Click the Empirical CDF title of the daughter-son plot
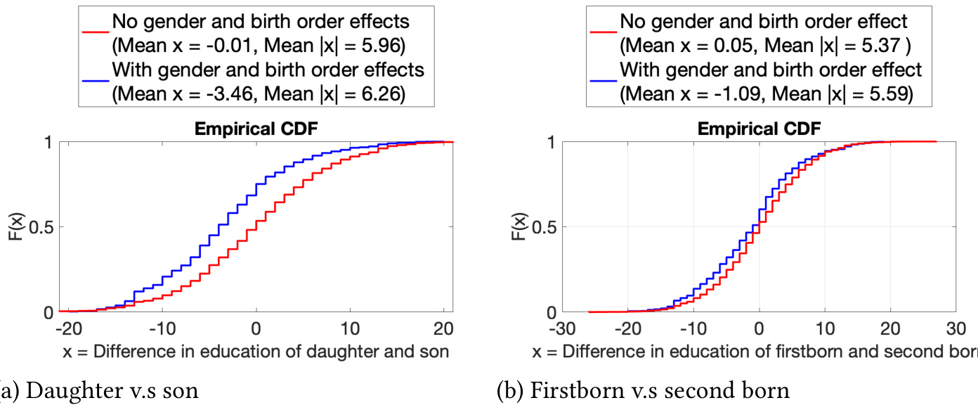pos(256,129)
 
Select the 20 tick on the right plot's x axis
pos(891,328)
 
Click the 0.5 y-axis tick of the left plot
pos(43,227)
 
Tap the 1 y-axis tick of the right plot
pos(552,142)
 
